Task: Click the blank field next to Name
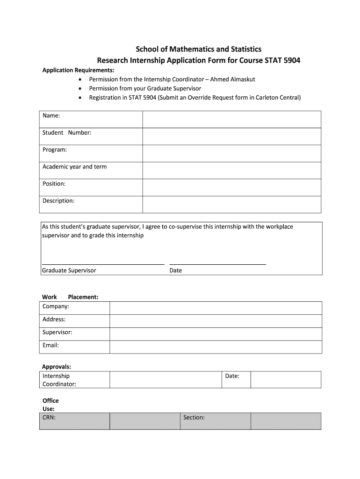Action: point(231,119)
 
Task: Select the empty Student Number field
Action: point(231,136)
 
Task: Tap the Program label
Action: point(55,150)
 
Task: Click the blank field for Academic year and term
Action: point(231,170)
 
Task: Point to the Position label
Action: point(54,184)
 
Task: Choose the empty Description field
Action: point(231,204)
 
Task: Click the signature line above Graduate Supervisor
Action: point(103,263)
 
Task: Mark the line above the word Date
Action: point(217,263)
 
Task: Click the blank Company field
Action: point(215,308)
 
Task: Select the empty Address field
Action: point(215,321)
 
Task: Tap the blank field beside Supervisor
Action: point(215,334)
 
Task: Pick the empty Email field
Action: point(215,347)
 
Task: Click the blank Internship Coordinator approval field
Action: point(165,379)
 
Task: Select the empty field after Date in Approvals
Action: point(286,379)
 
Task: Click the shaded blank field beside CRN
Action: point(144,421)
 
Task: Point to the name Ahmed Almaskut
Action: point(232,79)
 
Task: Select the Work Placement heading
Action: point(70,297)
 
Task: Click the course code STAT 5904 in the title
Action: point(282,60)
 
